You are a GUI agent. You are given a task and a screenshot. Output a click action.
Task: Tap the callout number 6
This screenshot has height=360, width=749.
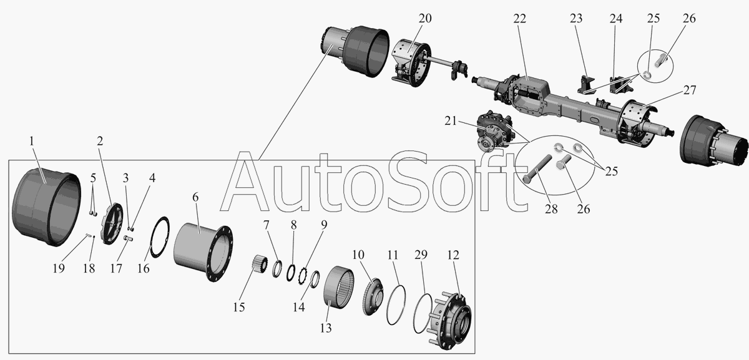click(195, 197)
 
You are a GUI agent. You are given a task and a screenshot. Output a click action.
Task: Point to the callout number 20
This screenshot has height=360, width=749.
click(424, 19)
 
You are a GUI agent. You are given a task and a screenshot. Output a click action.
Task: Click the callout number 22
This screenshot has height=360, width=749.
click(520, 19)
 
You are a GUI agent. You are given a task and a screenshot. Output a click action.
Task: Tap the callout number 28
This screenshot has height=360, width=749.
click(550, 209)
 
